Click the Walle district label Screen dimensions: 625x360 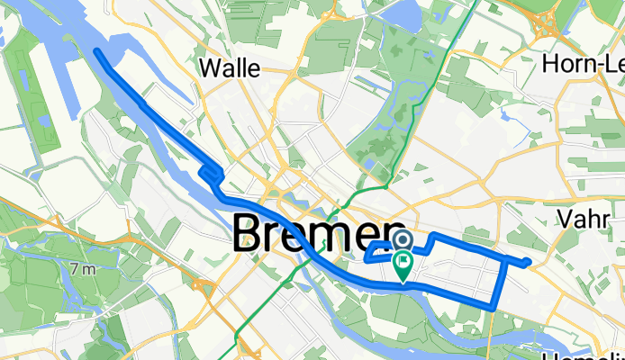230,67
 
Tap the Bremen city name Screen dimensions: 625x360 320,236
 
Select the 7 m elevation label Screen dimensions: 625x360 83,269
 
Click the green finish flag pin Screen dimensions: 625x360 402,266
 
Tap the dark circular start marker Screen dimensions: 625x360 402,239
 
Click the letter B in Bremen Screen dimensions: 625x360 249,236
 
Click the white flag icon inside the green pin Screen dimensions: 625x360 402,264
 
